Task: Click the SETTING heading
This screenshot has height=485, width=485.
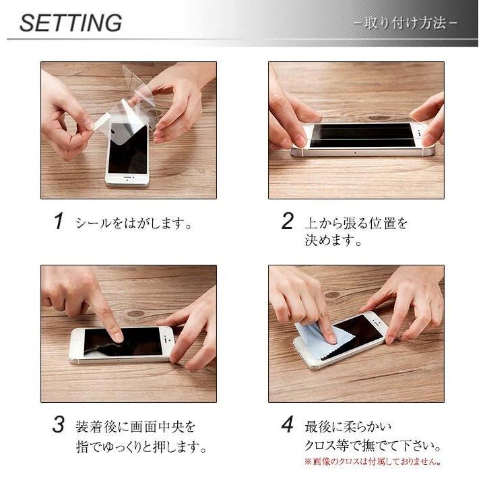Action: pyautogui.click(x=71, y=23)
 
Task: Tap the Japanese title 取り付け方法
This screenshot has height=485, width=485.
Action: pyautogui.click(x=406, y=23)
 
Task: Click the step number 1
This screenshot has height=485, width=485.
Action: pyautogui.click(x=59, y=221)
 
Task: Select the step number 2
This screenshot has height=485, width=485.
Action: pyautogui.click(x=288, y=221)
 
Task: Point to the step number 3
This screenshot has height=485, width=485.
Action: pyautogui.click(x=59, y=424)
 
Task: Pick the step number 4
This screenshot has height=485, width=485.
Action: pyautogui.click(x=288, y=424)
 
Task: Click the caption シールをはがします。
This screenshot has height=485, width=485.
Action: pyautogui.click(x=134, y=223)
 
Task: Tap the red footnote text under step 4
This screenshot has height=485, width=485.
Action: pyautogui.click(x=373, y=462)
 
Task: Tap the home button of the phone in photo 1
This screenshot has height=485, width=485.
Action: pyautogui.click(x=127, y=179)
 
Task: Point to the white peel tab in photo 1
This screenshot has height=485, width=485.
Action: pyautogui.click(x=102, y=121)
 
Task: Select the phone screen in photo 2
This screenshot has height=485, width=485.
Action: pyautogui.click(x=362, y=135)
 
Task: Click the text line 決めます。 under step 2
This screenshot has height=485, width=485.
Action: pyautogui.click(x=333, y=240)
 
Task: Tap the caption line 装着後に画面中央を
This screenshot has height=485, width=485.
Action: pyautogui.click(x=135, y=427)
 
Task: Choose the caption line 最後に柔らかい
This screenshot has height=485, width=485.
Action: pyautogui.click(x=348, y=427)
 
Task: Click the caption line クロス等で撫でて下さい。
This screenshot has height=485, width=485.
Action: pyautogui.click(x=373, y=446)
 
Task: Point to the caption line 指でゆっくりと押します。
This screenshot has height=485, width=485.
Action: pyautogui.click(x=141, y=447)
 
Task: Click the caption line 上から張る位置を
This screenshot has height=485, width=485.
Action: pyautogui.click(x=356, y=223)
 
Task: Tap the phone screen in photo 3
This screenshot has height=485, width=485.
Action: pyautogui.click(x=124, y=342)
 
